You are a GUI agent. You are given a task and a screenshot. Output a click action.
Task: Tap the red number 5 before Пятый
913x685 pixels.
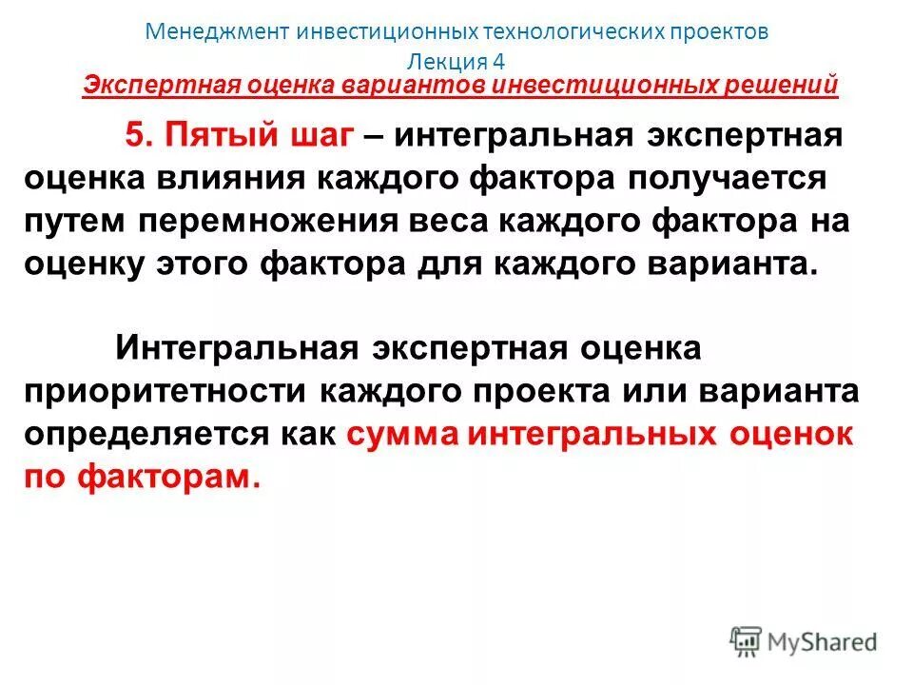click(x=136, y=136)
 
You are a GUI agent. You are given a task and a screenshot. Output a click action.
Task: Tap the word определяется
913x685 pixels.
click(x=145, y=434)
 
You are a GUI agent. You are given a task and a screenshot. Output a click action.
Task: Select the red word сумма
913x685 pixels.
click(x=400, y=434)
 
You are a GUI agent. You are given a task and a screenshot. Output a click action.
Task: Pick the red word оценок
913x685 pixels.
click(x=791, y=434)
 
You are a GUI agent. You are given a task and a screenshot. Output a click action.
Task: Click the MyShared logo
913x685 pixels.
click(x=804, y=642)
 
